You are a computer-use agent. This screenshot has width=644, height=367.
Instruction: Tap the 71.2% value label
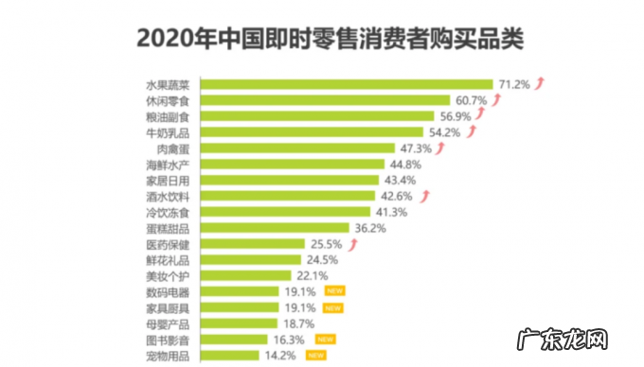click(x=514, y=84)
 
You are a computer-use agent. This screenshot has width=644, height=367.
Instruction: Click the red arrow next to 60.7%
click(x=495, y=99)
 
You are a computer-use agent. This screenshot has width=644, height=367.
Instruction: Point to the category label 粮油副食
click(x=170, y=116)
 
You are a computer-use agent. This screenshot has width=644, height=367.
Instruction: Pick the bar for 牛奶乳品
click(x=313, y=132)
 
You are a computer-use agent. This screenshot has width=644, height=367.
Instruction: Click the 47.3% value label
click(x=415, y=149)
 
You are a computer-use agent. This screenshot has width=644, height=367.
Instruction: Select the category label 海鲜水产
click(x=170, y=165)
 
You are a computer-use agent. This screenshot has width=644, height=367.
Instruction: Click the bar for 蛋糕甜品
click(x=275, y=229)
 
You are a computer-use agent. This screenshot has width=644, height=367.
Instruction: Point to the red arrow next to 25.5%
click(x=352, y=244)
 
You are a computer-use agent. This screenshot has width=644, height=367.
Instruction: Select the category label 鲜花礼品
click(x=170, y=260)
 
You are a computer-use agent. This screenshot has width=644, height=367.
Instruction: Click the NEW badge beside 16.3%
click(x=325, y=340)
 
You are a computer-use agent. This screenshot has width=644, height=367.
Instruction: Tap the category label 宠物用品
click(x=170, y=356)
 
